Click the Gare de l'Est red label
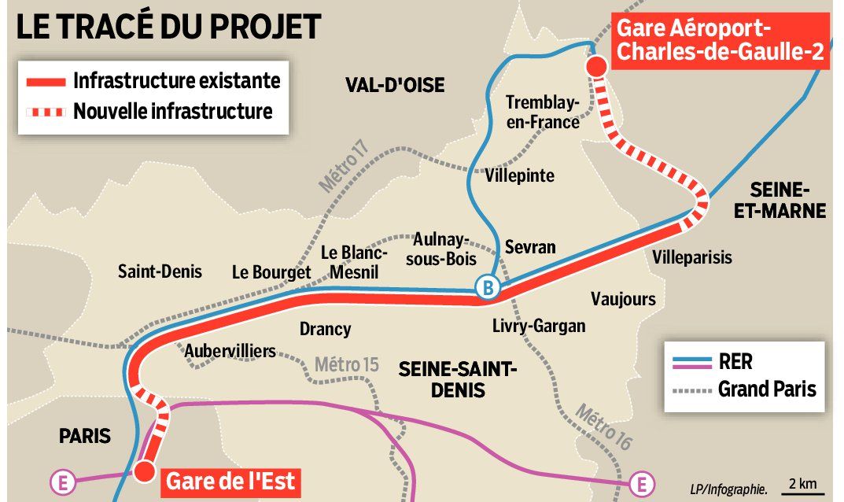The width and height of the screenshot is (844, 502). pos(231,480)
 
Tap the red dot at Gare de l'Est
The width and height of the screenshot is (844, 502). pos(144,471)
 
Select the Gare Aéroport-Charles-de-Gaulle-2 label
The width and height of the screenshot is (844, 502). pos(721,41)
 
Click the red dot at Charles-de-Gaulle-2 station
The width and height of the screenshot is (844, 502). pos(596,67)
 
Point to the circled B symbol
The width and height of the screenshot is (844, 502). pos(488,289)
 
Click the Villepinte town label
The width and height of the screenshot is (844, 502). pos(520,175)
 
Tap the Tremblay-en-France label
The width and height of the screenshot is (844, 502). pos(543,112)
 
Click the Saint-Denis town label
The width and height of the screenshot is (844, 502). pos(160,271)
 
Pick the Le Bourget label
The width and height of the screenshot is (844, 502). pos(271,272)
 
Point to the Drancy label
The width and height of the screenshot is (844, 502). pos(325,329)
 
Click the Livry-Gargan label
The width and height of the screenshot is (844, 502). pos(539,325)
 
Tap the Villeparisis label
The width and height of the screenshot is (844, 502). pos(692,257)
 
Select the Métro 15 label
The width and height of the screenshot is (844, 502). pos(347,364)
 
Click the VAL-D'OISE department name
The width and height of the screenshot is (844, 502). pos(395,84)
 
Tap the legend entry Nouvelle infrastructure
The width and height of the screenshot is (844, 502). pos(173,112)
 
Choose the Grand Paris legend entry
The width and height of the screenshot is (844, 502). pos(767,389)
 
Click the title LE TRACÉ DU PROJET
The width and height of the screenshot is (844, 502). pos(168,27)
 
